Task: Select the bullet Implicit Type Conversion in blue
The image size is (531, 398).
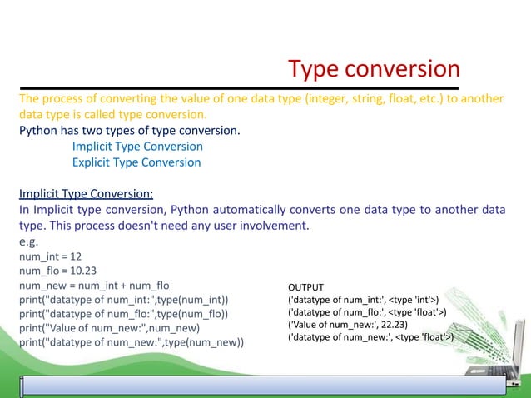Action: (137, 147)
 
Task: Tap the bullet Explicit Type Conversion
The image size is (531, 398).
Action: (136, 162)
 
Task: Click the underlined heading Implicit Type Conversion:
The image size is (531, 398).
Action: (86, 194)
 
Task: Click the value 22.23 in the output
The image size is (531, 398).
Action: (400, 324)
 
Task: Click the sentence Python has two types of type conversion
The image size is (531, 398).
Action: (129, 131)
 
